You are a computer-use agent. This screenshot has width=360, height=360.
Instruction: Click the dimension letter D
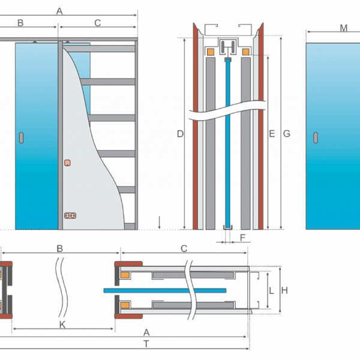[x=180, y=134]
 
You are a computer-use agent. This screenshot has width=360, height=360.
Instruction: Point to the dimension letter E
[x=272, y=134]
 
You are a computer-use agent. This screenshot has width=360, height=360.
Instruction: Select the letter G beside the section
[x=287, y=134]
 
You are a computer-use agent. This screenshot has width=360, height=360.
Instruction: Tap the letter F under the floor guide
[x=242, y=238]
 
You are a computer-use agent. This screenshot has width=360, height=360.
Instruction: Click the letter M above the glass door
[x=343, y=28]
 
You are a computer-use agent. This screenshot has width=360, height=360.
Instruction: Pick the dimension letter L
[x=271, y=291]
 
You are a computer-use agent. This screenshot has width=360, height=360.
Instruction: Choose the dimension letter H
[x=284, y=290]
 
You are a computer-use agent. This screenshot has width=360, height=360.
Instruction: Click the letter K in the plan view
[x=62, y=325]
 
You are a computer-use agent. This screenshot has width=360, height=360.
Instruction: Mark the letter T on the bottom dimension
[x=146, y=344]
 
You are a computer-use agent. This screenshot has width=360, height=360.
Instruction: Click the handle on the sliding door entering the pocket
[x=22, y=138]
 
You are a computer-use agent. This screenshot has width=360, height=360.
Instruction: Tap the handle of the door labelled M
[x=316, y=138]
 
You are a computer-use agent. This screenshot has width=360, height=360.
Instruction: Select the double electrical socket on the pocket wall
[x=70, y=215]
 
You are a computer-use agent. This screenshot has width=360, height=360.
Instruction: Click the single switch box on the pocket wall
[x=67, y=163]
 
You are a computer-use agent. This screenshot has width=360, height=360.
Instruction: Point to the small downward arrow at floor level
[x=159, y=223]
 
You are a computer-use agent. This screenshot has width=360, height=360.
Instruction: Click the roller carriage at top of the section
[x=228, y=47]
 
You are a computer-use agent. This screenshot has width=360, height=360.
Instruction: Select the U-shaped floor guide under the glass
[x=228, y=227]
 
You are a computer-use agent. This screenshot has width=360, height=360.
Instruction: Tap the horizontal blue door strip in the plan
[x=165, y=290]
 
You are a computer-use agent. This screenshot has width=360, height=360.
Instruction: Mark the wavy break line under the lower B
[x=62, y=287]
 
